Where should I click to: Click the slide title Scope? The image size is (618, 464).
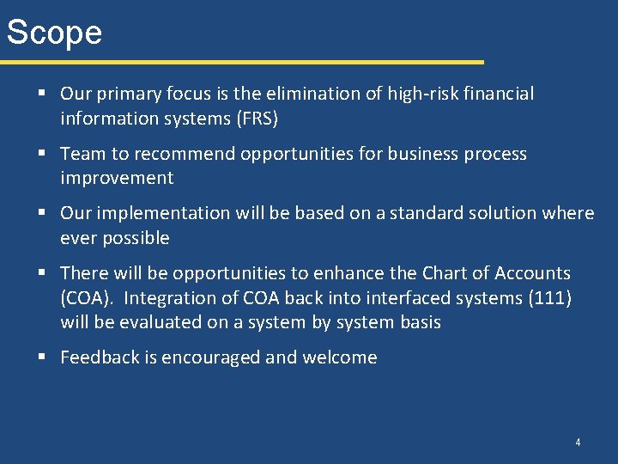pyautogui.click(x=54, y=33)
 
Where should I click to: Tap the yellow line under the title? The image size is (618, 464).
pyautogui.click(x=241, y=62)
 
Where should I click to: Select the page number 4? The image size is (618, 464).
pyautogui.click(x=578, y=443)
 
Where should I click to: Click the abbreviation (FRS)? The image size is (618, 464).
pyautogui.click(x=257, y=119)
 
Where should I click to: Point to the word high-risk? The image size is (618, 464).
pyautogui.click(x=414, y=94)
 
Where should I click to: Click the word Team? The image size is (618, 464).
pyautogui.click(x=82, y=154)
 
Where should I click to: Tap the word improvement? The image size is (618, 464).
pyautogui.click(x=117, y=178)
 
